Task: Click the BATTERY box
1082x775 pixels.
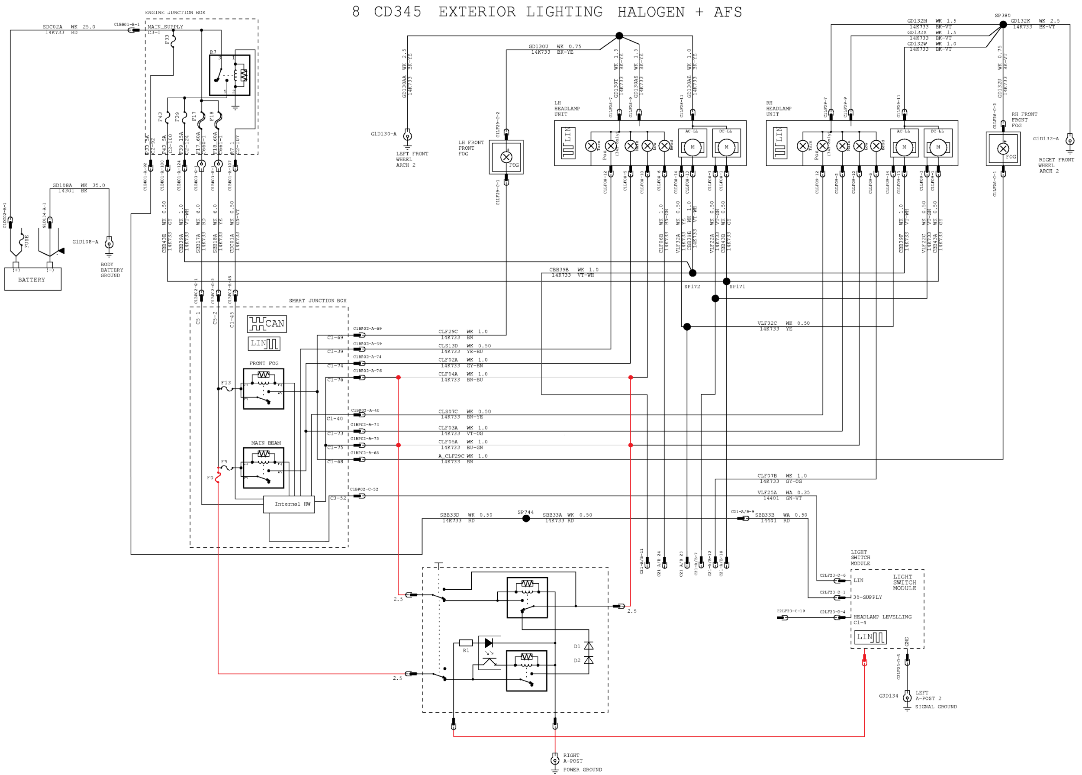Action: pos(32,279)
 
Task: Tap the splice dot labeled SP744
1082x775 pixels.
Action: pos(526,518)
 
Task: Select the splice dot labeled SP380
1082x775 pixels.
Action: pos(1003,24)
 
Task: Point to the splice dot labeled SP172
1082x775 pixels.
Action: pos(692,273)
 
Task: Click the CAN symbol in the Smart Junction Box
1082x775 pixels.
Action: pos(267,323)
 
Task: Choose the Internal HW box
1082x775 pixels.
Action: pos(289,504)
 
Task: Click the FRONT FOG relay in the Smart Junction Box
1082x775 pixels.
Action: pos(263,388)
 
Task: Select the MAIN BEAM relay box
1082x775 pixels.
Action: pos(263,468)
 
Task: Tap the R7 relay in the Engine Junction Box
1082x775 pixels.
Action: pos(229,75)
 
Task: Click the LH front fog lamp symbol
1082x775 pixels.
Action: pos(506,157)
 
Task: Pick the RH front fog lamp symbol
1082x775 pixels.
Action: pos(1003,149)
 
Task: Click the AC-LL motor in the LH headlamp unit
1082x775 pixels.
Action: pos(692,147)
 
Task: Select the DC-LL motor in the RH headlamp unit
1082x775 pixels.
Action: pos(938,147)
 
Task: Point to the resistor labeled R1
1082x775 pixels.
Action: pos(466,643)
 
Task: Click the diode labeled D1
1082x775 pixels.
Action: pos(589,646)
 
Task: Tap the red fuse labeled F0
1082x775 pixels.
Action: pos(218,476)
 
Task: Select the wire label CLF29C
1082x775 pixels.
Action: pos(448,332)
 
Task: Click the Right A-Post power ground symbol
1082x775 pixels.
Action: pos(555,759)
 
